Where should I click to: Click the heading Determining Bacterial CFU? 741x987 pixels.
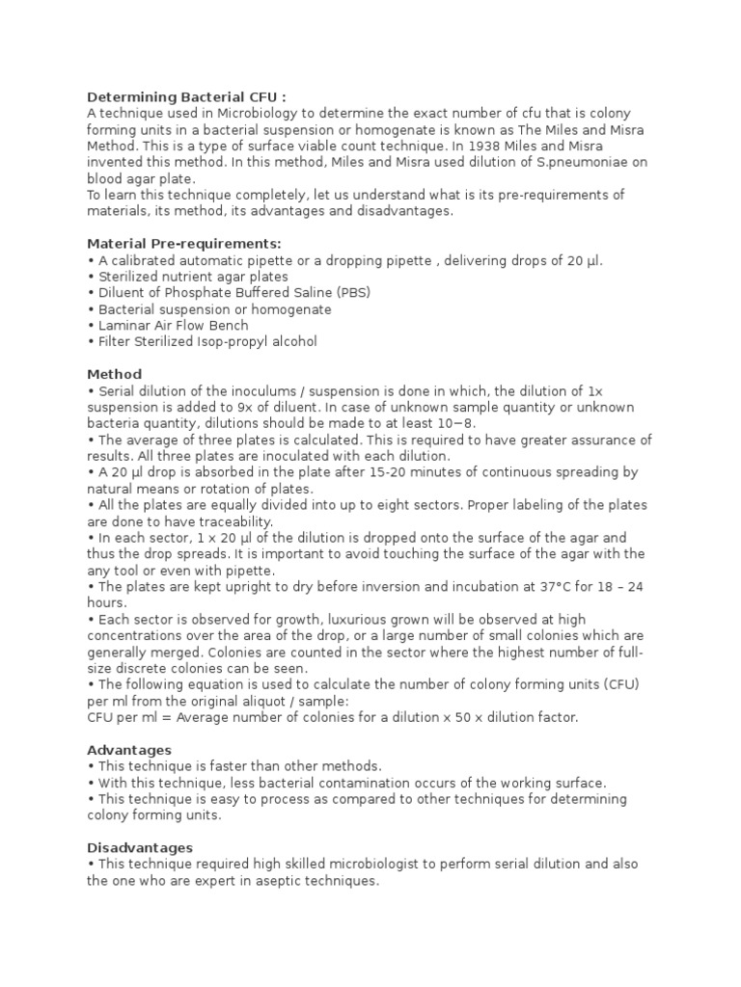[x=186, y=97]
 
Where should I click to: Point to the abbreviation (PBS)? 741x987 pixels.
[x=351, y=292]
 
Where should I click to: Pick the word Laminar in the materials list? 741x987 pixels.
[x=123, y=325]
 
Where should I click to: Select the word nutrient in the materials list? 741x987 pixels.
[x=185, y=277]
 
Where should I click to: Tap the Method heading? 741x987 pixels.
[x=114, y=374]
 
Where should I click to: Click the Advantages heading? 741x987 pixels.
[x=129, y=750]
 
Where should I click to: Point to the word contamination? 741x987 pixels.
[x=312, y=783]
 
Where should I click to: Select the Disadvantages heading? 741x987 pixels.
[x=140, y=848]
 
